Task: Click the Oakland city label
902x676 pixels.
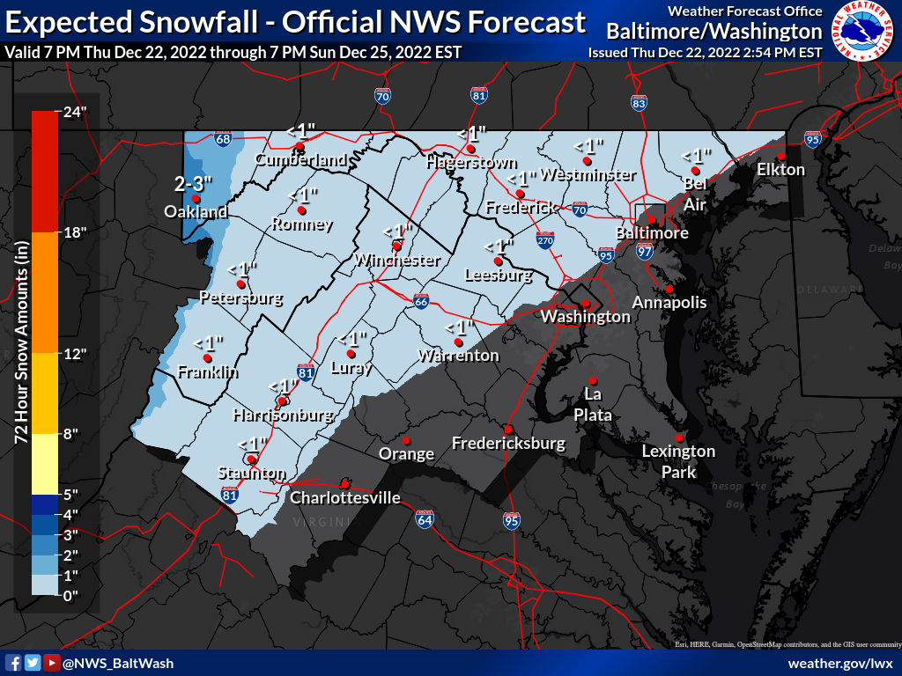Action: click(196, 212)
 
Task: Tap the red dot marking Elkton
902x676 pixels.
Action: click(780, 157)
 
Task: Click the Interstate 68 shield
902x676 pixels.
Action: click(223, 139)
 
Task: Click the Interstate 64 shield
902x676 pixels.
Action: click(425, 519)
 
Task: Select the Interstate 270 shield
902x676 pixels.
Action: click(546, 239)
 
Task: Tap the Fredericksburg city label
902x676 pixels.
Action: click(508, 444)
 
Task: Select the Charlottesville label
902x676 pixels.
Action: click(345, 498)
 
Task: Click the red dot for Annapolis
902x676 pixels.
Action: click(669, 289)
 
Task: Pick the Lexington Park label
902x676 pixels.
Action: click(678, 462)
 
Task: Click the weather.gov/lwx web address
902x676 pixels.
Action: click(840, 663)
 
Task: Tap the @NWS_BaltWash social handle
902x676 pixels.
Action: click(118, 663)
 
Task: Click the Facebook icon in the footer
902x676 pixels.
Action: click(14, 663)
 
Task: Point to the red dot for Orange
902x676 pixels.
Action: click(406, 440)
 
